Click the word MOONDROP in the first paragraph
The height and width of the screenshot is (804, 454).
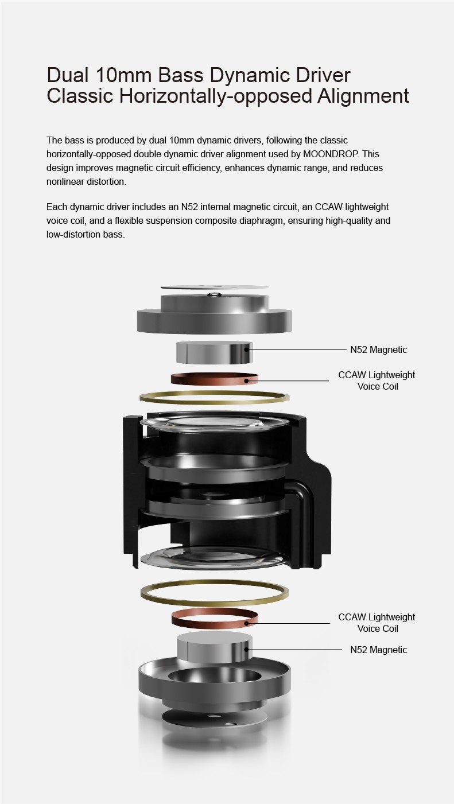330,154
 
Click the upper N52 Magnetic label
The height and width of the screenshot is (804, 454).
379,349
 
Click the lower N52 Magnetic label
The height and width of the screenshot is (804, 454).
379,650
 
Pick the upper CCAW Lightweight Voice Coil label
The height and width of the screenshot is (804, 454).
377,380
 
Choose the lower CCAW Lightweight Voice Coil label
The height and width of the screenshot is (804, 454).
377,623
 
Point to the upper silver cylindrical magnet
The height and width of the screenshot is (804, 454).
214,352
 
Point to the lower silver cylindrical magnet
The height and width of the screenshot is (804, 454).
214,647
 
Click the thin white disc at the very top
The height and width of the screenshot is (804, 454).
214,288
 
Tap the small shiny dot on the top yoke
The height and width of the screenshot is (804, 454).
214,295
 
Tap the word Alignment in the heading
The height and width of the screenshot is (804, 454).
363,96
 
